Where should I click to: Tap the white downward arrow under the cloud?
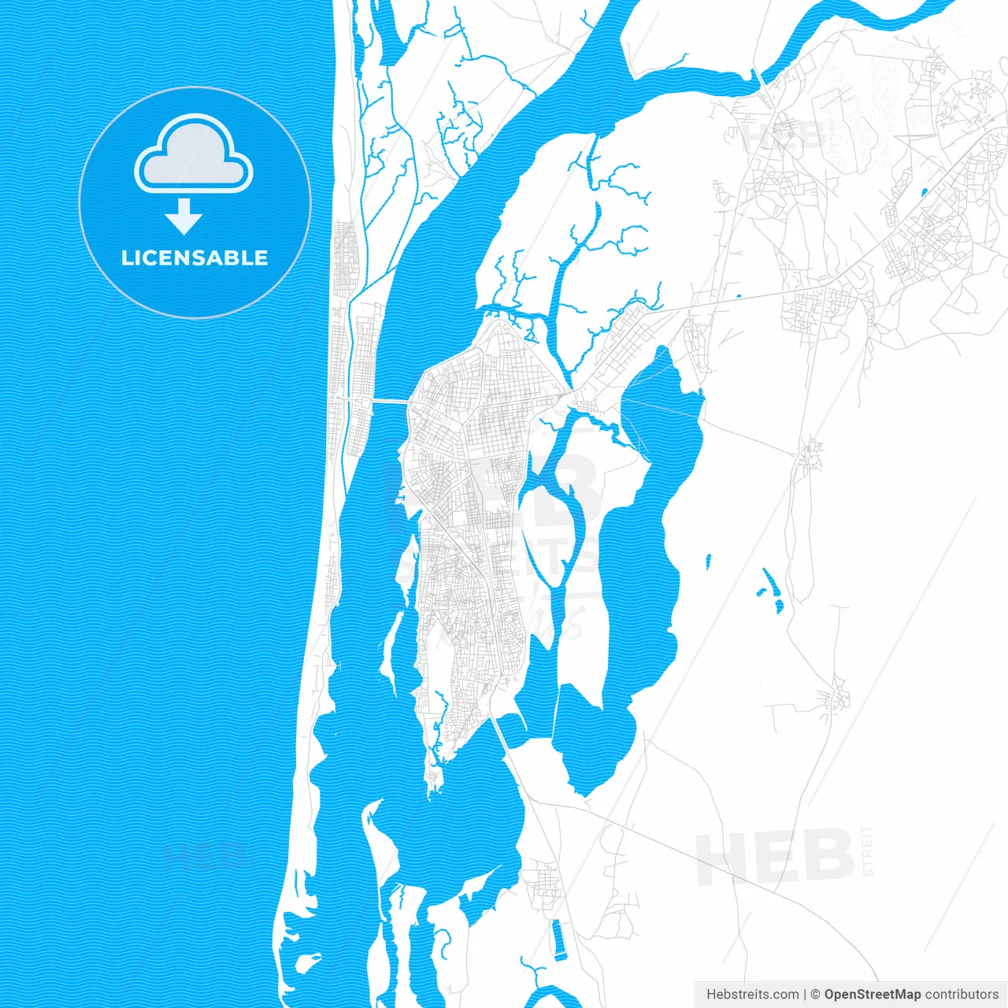coord(183,217)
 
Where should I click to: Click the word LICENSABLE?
coord(195,258)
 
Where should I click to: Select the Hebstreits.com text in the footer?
coord(752,995)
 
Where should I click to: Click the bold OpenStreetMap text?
coord(872,995)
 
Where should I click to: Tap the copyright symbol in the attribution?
coord(816,995)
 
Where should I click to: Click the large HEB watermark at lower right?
coord(776,857)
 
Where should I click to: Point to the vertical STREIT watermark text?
coord(868,850)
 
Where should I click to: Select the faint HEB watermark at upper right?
coord(784,136)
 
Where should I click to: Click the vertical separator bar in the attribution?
coord(803,995)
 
